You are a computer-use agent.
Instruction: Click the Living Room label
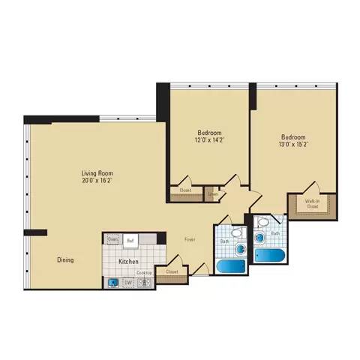[97, 173]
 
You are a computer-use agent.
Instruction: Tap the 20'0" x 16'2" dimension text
[97, 181]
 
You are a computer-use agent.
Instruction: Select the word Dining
[64, 260]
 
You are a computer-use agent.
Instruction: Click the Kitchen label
[129, 261]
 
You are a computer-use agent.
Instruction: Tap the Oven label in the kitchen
[112, 239]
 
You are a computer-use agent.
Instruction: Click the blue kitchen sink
[112, 283]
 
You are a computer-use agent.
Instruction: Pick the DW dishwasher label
[128, 283]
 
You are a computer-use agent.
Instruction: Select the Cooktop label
[144, 273]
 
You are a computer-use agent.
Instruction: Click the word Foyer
[190, 240]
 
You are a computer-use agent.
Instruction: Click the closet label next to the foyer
[172, 271]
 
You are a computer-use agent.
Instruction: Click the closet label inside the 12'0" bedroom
[185, 190]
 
